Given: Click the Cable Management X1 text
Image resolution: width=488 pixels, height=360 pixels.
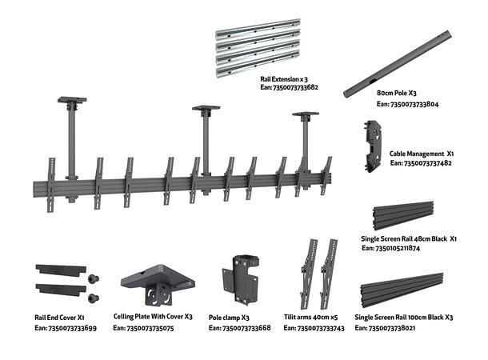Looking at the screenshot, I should (422, 152).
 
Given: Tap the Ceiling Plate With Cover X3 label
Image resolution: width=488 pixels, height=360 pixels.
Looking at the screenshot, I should (153, 318).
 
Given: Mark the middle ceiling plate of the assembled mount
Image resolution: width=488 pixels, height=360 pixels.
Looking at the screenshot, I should (206, 109).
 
